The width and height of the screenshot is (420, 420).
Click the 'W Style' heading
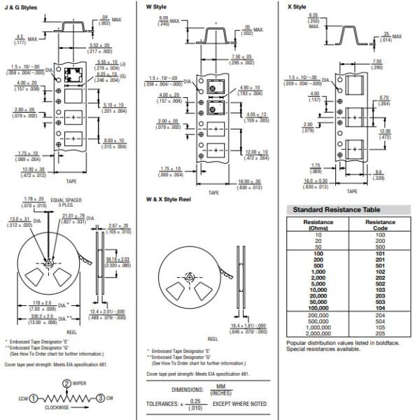click(x=157, y=6)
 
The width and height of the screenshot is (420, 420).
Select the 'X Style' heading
click(x=297, y=6)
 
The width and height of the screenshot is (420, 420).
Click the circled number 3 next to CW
click(x=100, y=398)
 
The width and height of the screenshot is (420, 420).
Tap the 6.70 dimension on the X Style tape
click(x=383, y=99)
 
